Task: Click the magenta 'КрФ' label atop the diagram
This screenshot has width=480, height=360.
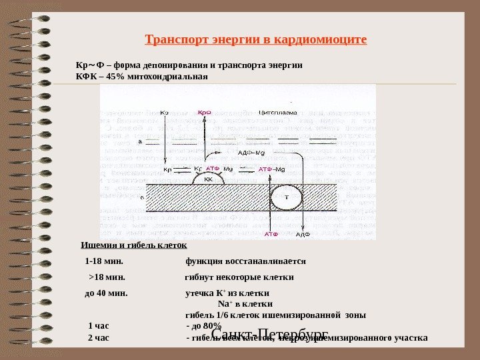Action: tap(205, 113)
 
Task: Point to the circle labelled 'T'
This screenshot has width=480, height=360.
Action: tap(287, 199)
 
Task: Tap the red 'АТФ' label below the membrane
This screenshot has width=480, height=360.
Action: tap(271, 235)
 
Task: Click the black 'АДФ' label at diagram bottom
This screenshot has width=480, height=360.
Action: tap(304, 235)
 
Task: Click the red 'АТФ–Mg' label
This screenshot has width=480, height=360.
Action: tap(271, 169)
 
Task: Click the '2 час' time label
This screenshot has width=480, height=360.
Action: tap(98, 337)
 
